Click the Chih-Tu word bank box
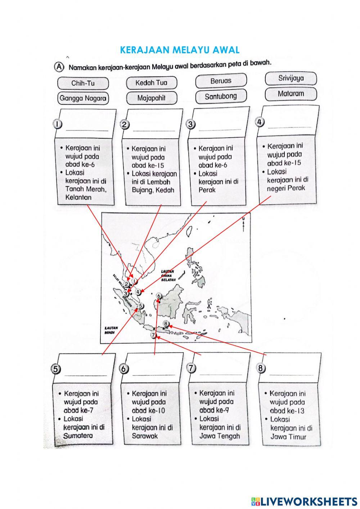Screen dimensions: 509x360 (x=82, y=83)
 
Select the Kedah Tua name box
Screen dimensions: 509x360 (x=151, y=82)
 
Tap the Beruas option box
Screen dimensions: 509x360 (x=221, y=81)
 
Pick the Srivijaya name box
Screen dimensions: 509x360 (x=291, y=78)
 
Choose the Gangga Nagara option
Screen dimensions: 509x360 (x=83, y=98)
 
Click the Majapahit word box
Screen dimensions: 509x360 (x=151, y=98)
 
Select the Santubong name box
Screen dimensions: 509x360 (x=221, y=96)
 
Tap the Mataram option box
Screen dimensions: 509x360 (x=291, y=94)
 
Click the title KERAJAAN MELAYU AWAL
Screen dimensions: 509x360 (x=180, y=50)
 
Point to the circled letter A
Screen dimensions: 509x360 (x=59, y=67)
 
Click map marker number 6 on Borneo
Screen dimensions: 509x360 (x=159, y=296)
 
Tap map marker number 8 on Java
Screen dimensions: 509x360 (x=166, y=323)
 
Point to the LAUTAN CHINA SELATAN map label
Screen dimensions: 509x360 (x=168, y=276)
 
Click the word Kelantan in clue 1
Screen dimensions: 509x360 (x=78, y=197)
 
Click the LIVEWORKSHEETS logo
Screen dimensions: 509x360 (x=304, y=501)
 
